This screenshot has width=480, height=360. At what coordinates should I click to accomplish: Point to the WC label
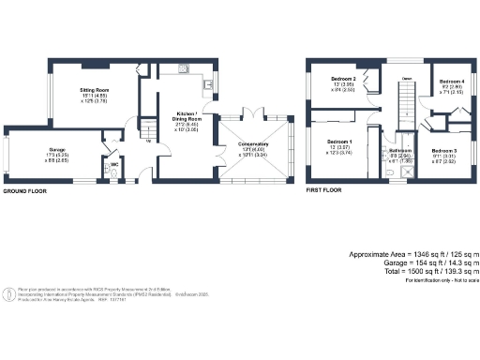click(112, 165)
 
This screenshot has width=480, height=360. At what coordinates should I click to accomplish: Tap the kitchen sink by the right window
click(207, 84)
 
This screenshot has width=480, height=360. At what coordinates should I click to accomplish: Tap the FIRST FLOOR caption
click(324, 190)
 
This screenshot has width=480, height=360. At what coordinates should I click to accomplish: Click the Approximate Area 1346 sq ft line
click(414, 255)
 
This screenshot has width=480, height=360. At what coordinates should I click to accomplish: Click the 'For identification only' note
click(442, 280)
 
